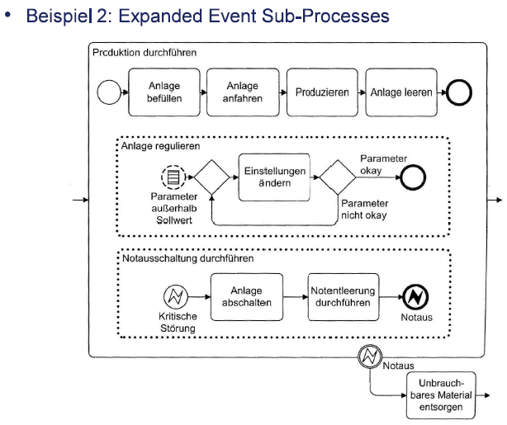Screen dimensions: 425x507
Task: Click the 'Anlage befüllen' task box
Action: [x=164, y=92]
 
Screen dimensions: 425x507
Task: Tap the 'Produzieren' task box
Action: [x=321, y=92]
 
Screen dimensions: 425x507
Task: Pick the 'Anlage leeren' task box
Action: [x=400, y=92]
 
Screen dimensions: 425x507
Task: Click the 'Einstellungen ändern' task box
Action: [x=273, y=177]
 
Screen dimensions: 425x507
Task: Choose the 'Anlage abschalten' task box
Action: [x=245, y=297]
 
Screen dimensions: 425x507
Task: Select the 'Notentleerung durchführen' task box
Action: [x=343, y=297]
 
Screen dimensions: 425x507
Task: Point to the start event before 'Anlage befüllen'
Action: [x=110, y=92]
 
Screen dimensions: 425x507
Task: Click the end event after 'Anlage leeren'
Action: [x=458, y=92]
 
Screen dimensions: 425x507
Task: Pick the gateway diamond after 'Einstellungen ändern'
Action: [x=338, y=177]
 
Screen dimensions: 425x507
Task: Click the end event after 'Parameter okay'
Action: [x=410, y=177]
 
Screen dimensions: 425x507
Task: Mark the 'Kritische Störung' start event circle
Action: [x=176, y=297]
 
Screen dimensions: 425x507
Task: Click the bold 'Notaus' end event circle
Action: [x=414, y=297]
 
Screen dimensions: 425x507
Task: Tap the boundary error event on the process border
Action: [x=368, y=357]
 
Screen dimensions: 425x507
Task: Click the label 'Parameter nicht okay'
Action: [x=364, y=210]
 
